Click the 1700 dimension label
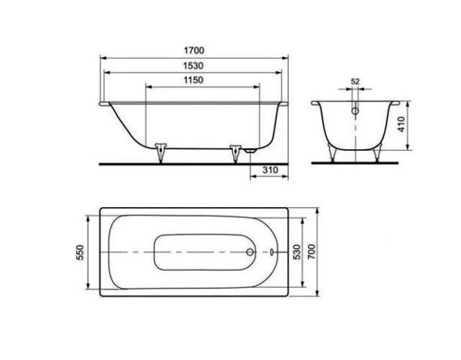click(x=193, y=50)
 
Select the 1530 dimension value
click(x=193, y=65)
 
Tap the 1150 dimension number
click(x=193, y=80)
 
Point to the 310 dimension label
click(x=270, y=169)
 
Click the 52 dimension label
click(x=355, y=82)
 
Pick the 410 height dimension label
click(x=402, y=124)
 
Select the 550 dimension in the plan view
click(x=80, y=252)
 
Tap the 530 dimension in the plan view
click(x=298, y=252)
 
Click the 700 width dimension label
click(x=311, y=251)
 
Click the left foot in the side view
click(x=160, y=152)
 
